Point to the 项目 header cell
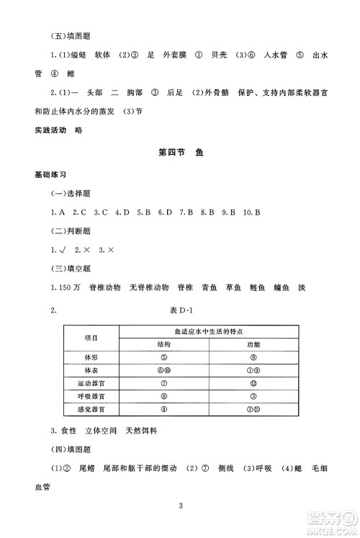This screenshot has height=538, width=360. pos(91,338)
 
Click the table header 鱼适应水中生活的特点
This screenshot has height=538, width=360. pos(208,331)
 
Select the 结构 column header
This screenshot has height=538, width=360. pos(164,344)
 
